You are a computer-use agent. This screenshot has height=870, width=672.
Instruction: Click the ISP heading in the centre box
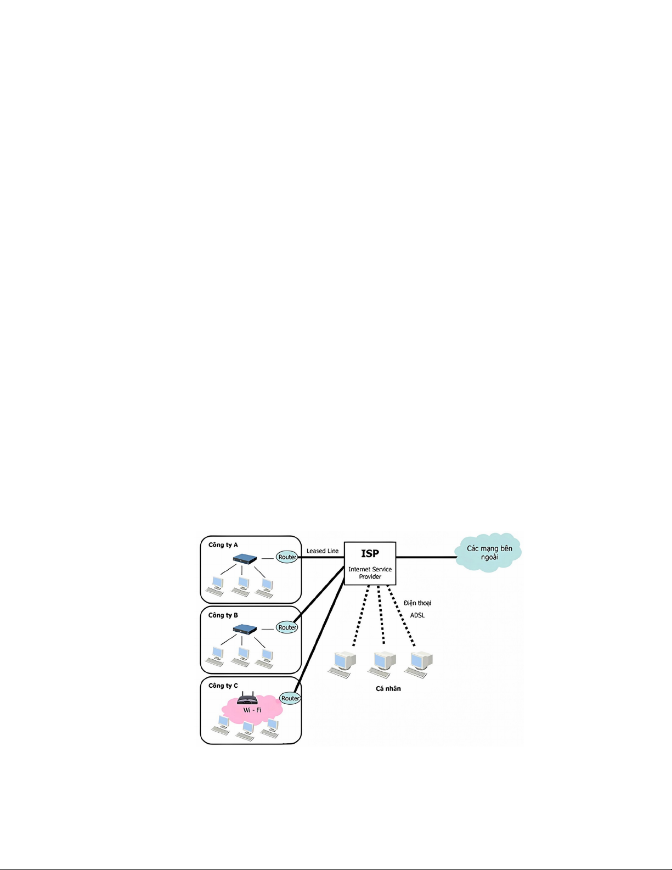[x=370, y=553]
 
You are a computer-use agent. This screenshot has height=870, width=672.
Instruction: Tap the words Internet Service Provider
[x=370, y=572]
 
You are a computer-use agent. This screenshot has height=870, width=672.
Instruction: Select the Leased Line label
[x=323, y=551]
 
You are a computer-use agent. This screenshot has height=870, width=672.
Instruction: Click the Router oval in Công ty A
[x=287, y=557]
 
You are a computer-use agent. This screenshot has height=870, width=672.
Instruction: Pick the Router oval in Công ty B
[x=287, y=627]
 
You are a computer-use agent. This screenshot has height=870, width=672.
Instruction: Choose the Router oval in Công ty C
[x=290, y=698]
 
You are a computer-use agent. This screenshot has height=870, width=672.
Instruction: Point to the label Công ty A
[x=223, y=545]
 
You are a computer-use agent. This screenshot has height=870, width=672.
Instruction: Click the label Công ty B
[x=223, y=615]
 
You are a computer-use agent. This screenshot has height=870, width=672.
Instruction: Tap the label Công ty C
[x=223, y=686]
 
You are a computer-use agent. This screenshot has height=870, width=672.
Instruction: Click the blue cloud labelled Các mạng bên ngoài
[x=489, y=552]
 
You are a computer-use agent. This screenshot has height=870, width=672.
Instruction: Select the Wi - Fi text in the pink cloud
[x=252, y=710]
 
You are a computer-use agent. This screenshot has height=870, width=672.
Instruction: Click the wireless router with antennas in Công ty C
[x=247, y=699]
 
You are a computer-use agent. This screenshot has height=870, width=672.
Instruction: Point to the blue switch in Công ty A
[x=245, y=559]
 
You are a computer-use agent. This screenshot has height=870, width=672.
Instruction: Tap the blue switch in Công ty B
[x=245, y=629]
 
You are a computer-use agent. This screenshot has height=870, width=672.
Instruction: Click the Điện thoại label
[x=417, y=603]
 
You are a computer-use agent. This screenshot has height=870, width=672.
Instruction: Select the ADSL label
[x=417, y=615]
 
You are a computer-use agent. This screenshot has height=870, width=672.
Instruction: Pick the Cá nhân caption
[x=388, y=688]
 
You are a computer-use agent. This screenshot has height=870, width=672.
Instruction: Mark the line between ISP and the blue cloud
[x=426, y=557]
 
